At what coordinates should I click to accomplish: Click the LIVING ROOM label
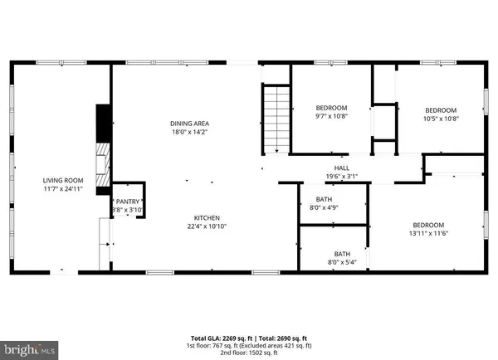63,180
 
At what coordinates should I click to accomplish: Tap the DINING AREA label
183,123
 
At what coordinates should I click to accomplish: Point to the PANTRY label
128,202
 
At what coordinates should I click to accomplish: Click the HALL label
342,167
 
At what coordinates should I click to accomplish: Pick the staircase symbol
276,119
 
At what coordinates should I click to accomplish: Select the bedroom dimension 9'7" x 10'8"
330,117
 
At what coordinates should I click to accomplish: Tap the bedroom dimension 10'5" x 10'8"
441,119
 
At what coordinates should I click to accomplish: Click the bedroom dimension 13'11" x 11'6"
429,234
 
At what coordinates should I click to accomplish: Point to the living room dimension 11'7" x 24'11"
63,189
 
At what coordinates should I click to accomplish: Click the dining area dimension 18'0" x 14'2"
183,132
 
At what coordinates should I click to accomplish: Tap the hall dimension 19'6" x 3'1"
342,176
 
